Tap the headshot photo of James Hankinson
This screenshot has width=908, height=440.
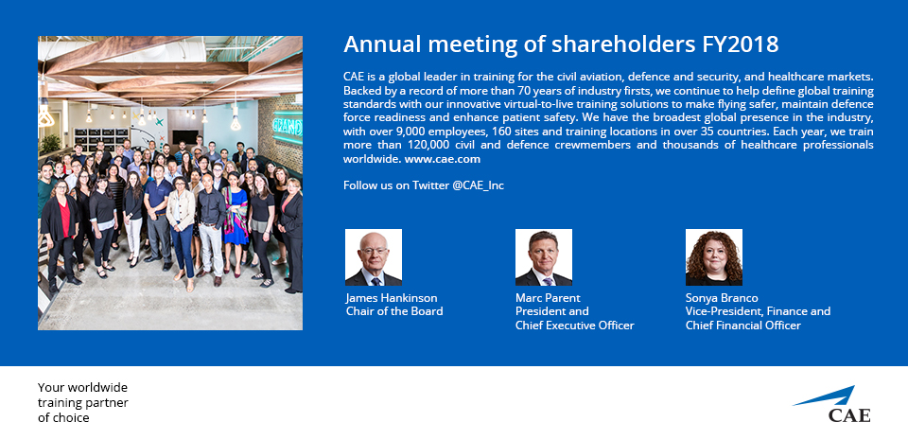(x=374, y=257)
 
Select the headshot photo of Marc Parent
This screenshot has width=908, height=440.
(x=544, y=257)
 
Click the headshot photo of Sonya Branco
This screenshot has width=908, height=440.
(x=714, y=257)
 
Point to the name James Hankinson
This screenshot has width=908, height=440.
(x=392, y=297)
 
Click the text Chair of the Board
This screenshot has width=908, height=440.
(x=394, y=311)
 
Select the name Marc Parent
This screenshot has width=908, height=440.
(x=548, y=297)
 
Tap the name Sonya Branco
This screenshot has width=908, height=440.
(x=722, y=297)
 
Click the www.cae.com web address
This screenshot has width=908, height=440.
(x=443, y=159)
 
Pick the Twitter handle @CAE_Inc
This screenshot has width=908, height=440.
(x=479, y=185)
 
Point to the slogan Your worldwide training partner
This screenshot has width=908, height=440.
(x=83, y=395)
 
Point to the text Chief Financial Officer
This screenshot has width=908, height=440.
(x=743, y=326)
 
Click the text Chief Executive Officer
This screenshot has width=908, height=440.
(x=574, y=326)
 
